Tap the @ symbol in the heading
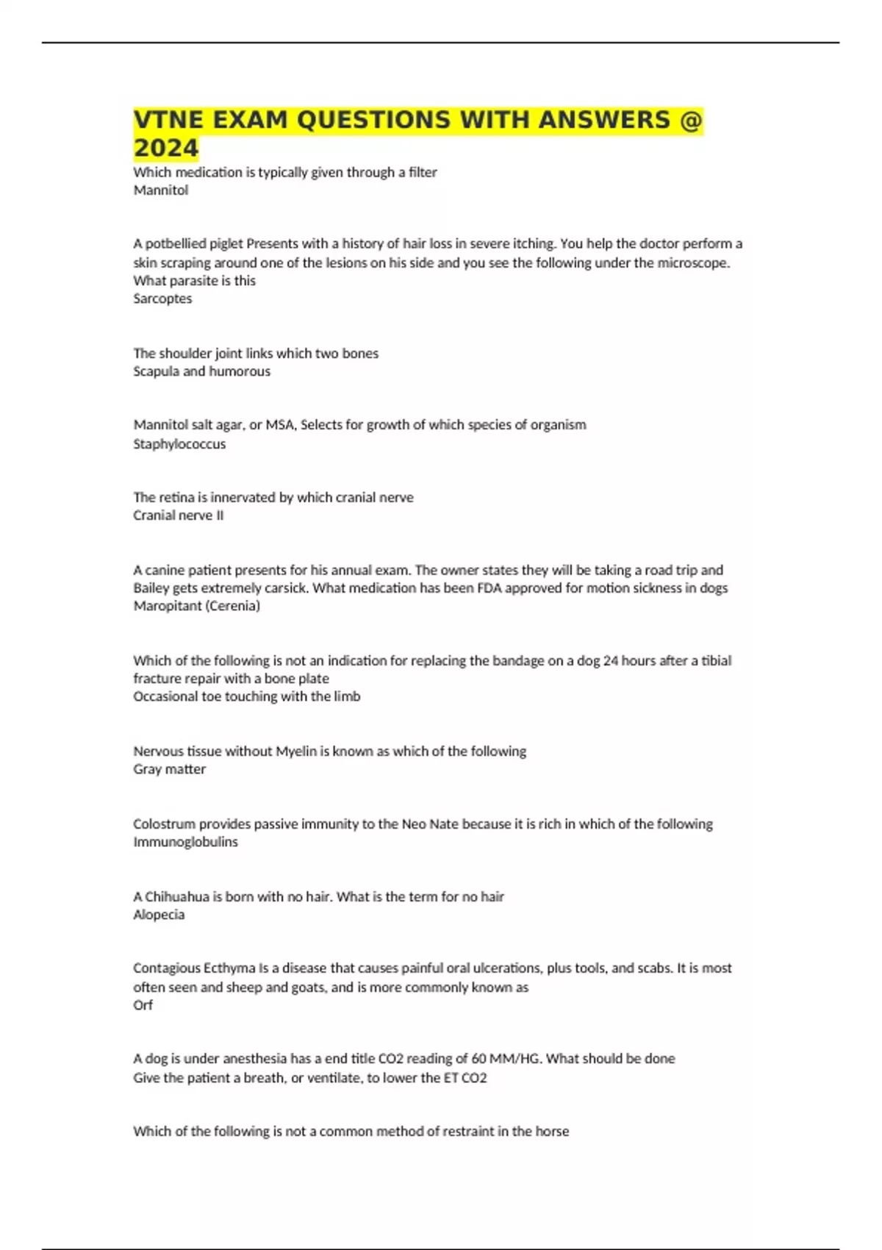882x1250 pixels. (691, 119)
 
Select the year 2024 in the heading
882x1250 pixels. (166, 148)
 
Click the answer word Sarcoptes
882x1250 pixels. (162, 299)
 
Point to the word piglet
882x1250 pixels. (226, 244)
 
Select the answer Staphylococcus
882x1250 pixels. (179, 444)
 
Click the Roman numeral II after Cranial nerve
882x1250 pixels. (219, 515)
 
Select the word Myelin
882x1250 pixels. (296, 751)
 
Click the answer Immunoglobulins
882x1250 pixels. (185, 842)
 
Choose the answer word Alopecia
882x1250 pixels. (159, 915)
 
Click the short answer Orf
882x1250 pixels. (143, 1005)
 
